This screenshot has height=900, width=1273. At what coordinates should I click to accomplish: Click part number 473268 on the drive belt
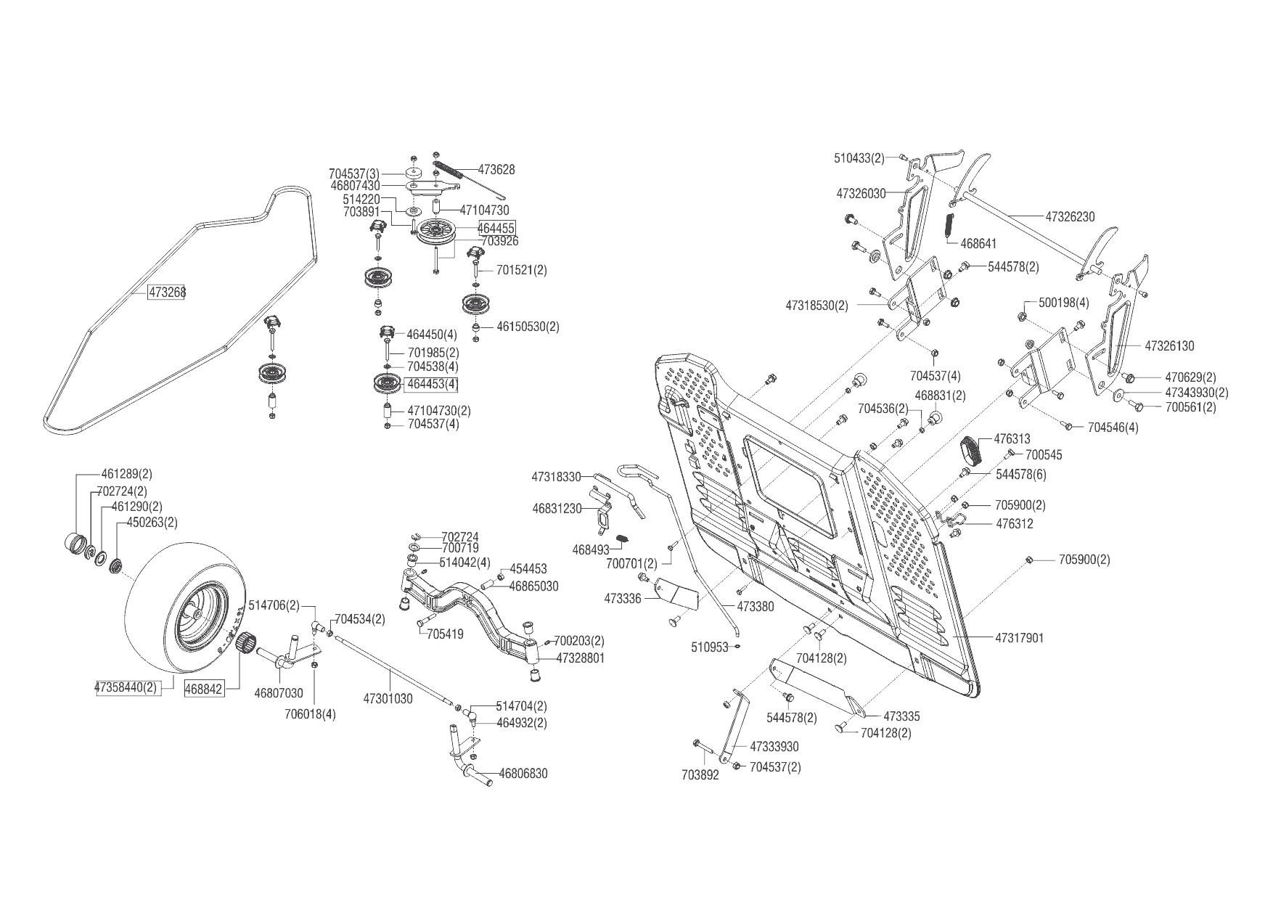167,292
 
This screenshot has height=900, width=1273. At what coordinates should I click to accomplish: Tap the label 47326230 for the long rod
1070,216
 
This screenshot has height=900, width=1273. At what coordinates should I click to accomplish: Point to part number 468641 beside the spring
978,244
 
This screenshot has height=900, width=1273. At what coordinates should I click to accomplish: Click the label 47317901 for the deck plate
1019,638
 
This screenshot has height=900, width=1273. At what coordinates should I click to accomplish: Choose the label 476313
1012,439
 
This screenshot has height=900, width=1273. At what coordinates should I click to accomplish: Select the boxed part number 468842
204,688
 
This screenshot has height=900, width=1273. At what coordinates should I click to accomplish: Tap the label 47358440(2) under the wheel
126,687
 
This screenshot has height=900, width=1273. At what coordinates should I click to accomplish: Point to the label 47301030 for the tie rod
388,698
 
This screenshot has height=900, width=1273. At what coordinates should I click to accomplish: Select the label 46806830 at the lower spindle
523,774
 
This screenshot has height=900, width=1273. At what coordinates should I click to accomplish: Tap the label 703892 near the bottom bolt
700,775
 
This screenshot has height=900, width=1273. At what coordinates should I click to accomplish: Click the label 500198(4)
1064,303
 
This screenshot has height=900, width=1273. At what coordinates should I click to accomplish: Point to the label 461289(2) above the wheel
127,474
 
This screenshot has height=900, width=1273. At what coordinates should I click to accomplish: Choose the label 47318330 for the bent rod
556,477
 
